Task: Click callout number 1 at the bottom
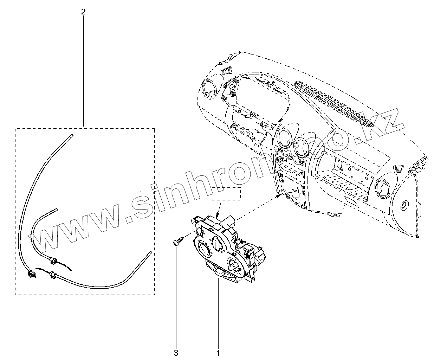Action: click(218, 352)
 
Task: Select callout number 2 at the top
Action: click(83, 12)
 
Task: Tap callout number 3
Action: click(176, 352)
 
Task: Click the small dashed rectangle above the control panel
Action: click(226, 194)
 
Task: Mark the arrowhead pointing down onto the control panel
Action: click(218, 215)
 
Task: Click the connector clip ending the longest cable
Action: click(31, 273)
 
